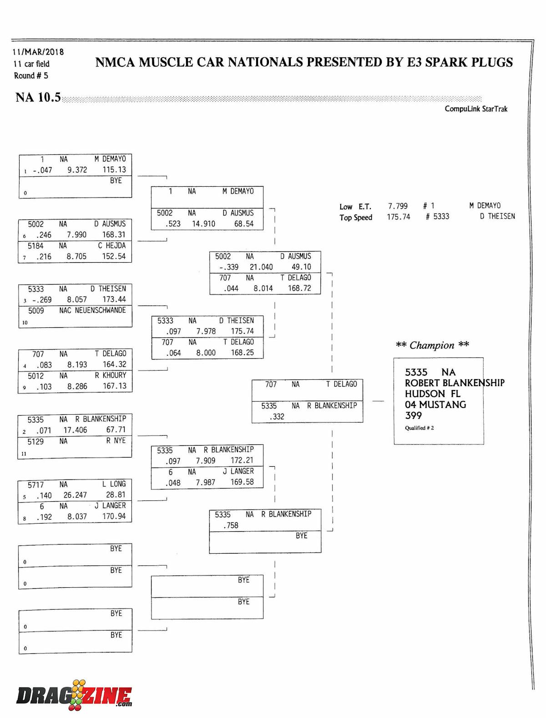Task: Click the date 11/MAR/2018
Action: pos(38,52)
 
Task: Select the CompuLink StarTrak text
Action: pos(476,109)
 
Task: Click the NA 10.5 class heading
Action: pos(38,97)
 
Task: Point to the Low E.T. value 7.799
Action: pos(398,206)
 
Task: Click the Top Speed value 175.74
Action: pos(398,217)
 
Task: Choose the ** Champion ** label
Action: pos(432,345)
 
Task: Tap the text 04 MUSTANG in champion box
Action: pos(435,405)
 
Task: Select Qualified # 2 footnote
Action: pos(419,428)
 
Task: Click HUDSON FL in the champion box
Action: pos(432,394)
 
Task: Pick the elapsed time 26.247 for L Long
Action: pos(75,495)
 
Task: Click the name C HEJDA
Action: pos(111,246)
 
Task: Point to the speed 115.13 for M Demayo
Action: pos(114,170)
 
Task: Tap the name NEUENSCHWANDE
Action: pos(100,311)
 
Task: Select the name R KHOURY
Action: pos(110,376)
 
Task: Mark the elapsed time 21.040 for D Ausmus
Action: pos(261,267)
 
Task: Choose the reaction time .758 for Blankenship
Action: pos(231,525)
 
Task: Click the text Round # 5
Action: pos(31,76)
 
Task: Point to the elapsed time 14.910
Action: pos(203,224)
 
